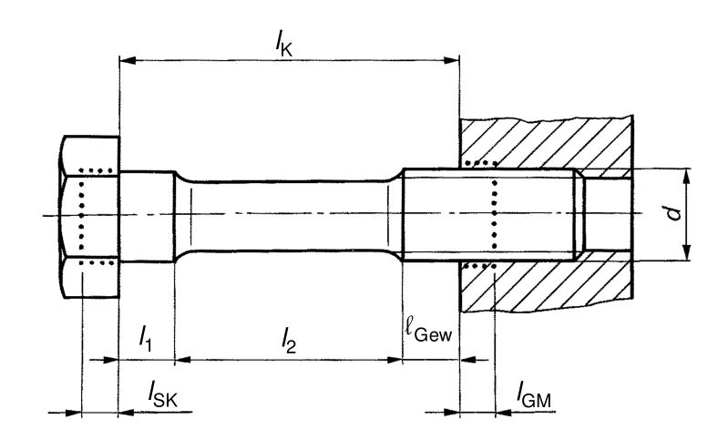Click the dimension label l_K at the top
(284, 45)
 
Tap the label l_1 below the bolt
(146, 338)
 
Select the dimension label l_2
(289, 341)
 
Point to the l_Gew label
(429, 329)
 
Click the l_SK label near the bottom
(162, 394)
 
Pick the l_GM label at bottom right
(534, 394)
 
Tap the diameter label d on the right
(673, 213)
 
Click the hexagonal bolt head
(89, 217)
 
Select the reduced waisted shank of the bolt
(289, 216)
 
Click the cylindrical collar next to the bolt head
(147, 216)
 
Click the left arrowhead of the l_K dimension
(128, 60)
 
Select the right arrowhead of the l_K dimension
(451, 60)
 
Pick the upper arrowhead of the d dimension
(686, 178)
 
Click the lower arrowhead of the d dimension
(686, 252)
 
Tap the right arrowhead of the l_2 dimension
(395, 360)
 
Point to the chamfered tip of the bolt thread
(580, 215)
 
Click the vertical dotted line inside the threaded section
(495, 215)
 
